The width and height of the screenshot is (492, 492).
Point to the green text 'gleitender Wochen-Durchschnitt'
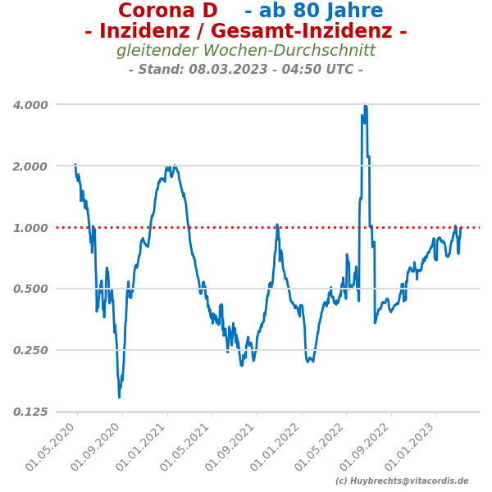click(246, 51)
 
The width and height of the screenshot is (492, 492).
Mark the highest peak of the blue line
click(365, 106)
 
